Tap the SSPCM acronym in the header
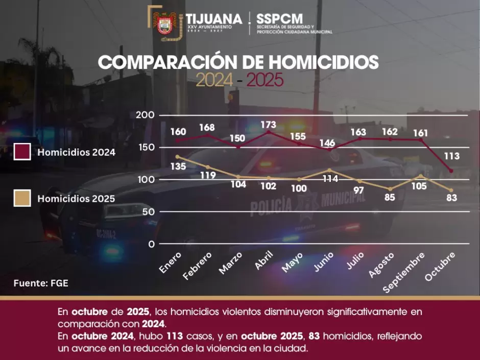pos(280,19)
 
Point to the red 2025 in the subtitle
pos(265,80)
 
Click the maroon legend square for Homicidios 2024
pos(22,152)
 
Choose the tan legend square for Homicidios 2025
pos(22,198)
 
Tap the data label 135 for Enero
pos(178,166)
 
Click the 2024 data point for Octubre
pos(451,171)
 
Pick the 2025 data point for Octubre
pos(451,190)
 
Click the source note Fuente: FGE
pos(41,283)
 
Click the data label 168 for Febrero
pos(207,128)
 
